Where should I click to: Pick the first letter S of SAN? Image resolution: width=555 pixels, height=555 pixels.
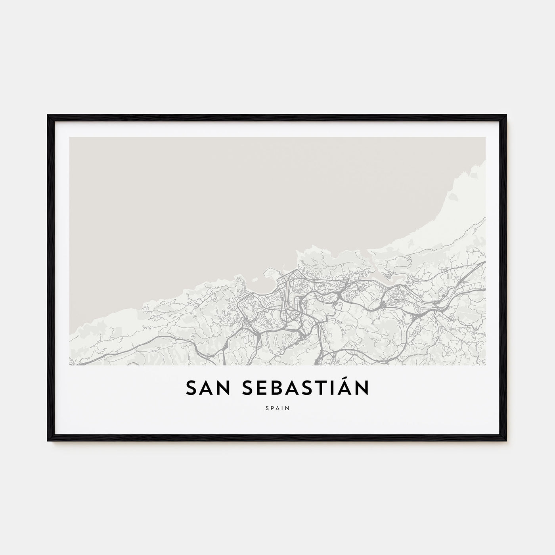(191, 388)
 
